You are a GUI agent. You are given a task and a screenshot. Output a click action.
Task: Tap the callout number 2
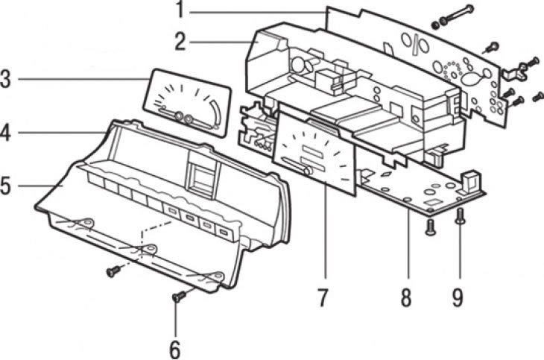pos(179,41)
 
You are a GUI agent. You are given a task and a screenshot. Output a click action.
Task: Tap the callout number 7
pos(322,297)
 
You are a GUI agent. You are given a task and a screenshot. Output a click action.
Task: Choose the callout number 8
pos(405,297)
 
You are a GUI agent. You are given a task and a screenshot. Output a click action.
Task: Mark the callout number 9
pos(457,297)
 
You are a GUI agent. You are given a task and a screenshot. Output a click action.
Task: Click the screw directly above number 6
pos(178,297)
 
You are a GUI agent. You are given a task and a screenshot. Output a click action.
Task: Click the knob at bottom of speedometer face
pos(306,171)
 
